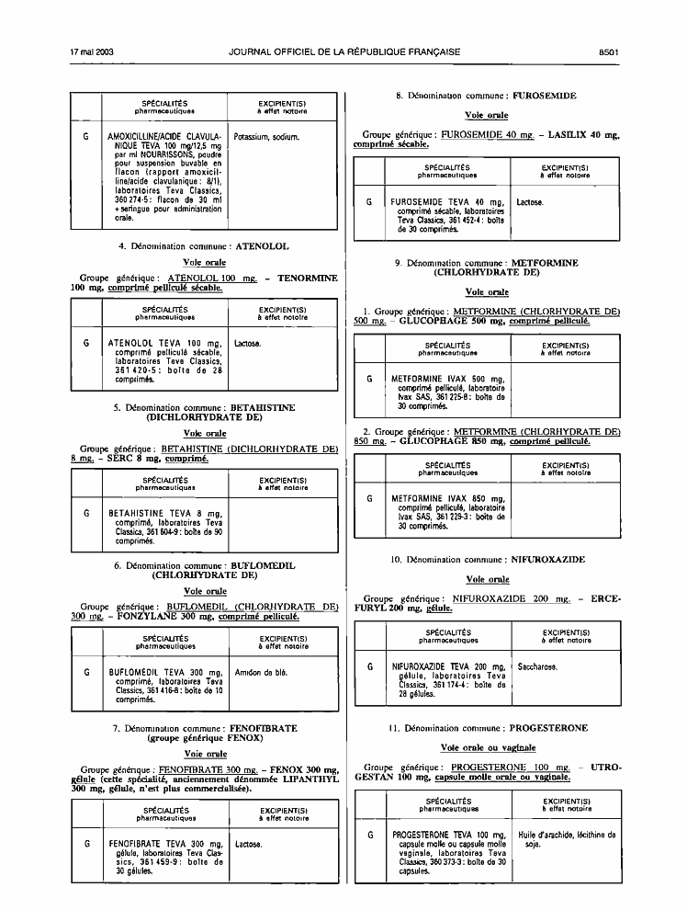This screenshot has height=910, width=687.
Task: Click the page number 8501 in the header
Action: coord(609,51)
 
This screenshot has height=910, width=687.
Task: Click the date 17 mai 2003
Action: coord(92,51)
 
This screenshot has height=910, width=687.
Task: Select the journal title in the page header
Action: coord(344,51)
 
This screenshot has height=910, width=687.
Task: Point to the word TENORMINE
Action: coord(308,278)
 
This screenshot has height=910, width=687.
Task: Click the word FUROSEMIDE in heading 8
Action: coord(545,96)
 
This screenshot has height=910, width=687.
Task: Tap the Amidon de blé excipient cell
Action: coord(261,673)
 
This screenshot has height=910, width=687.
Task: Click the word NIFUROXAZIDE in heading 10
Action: coord(548,560)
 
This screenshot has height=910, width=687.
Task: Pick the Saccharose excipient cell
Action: coord(537,666)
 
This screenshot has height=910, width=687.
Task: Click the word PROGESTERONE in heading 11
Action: coord(548,728)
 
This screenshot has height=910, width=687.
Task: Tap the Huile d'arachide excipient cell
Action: coord(567,839)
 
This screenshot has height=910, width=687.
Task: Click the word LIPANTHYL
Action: coord(310,779)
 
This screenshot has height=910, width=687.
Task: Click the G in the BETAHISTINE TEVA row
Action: coord(86,513)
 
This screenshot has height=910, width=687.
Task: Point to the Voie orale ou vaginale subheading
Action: coord(488,747)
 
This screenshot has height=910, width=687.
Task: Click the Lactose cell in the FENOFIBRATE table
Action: coord(249,845)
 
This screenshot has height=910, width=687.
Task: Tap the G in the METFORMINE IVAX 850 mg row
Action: coord(370,498)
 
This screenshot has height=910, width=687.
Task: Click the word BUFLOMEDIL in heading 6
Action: coord(263,565)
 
